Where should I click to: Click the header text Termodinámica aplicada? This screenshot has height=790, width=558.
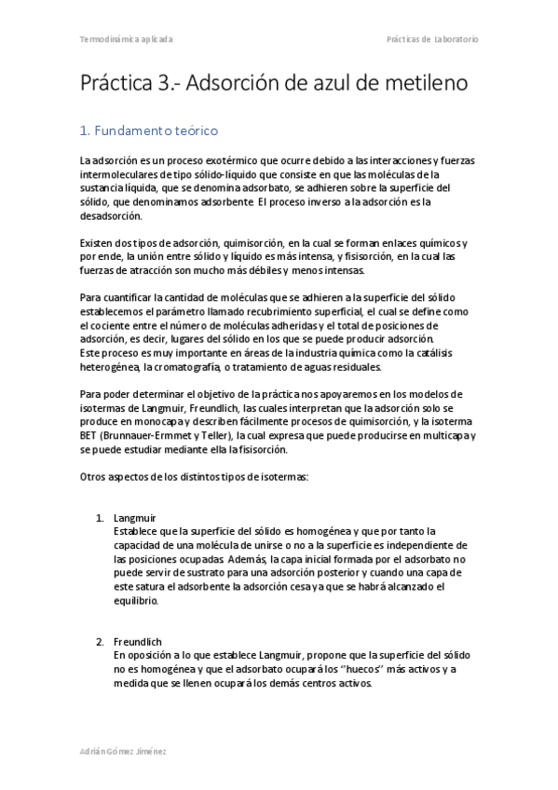(126, 40)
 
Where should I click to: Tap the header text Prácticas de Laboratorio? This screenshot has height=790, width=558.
(432, 40)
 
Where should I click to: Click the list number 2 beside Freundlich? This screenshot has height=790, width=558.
(100, 641)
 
